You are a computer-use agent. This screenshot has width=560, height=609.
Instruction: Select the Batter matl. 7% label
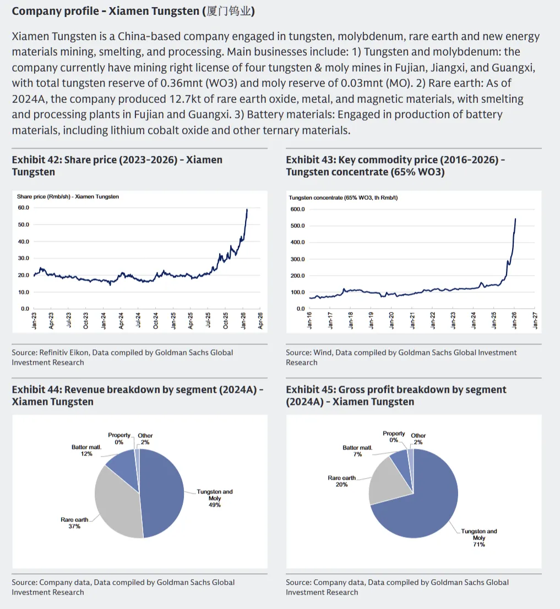click(357, 451)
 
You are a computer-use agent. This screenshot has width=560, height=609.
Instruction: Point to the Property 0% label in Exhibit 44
click(119, 438)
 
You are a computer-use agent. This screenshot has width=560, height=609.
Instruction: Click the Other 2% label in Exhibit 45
click(418, 439)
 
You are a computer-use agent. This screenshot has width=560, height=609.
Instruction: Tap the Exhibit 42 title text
click(117, 166)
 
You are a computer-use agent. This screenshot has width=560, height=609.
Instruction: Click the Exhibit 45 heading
click(395, 396)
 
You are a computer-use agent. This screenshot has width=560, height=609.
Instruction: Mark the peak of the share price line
click(247, 209)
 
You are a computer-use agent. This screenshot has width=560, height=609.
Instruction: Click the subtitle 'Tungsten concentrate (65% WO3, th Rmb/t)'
click(343, 197)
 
